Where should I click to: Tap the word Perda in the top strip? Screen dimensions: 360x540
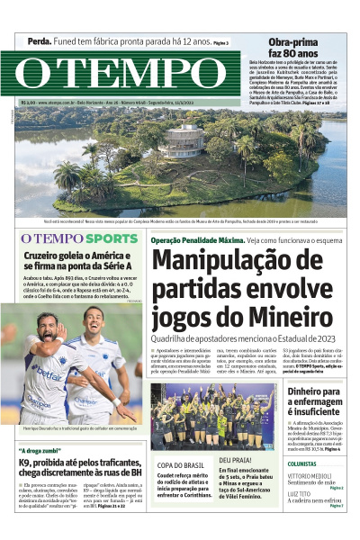39,42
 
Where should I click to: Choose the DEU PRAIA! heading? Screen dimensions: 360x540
237,460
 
